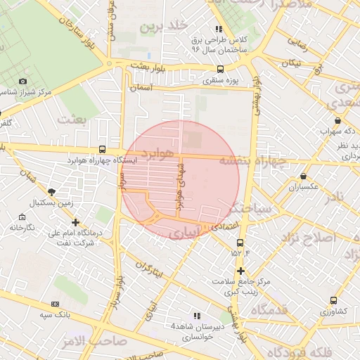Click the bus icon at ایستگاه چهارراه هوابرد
tap(103, 149)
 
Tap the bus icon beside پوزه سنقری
tap(221, 69)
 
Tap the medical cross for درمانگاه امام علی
tap(75, 222)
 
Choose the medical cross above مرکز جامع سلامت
tap(240, 271)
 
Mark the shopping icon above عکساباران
tap(303, 176)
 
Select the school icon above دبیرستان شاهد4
tap(197, 316)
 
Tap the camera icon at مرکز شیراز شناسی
tap(22, 82)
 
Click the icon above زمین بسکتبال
tap(51, 191)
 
